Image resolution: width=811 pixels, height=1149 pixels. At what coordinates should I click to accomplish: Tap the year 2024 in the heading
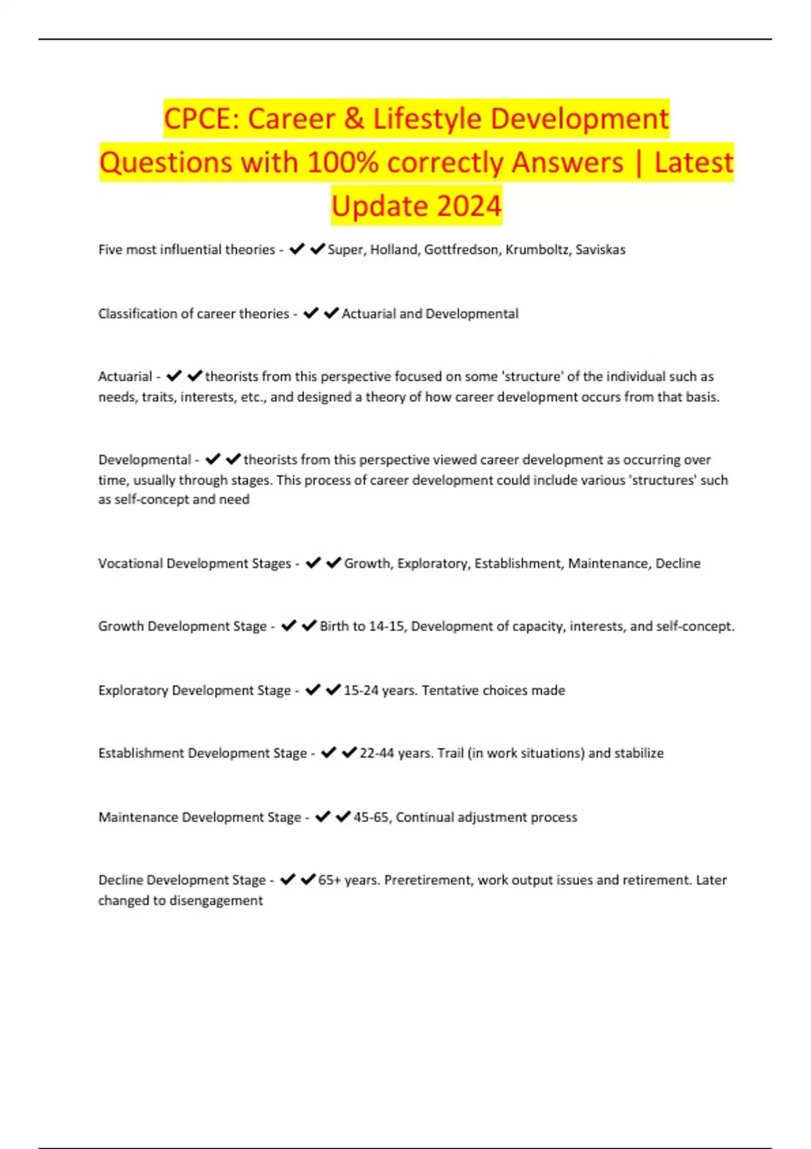pos(468,206)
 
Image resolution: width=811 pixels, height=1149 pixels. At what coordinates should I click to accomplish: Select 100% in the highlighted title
pos(343,163)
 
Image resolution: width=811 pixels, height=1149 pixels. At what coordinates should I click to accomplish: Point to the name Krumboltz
pos(537,249)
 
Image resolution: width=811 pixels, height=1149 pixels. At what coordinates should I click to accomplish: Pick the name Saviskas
pos(600,249)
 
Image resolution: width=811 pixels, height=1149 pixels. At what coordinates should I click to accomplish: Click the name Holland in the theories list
pos(393,249)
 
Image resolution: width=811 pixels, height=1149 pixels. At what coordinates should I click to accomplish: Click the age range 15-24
pos(361,690)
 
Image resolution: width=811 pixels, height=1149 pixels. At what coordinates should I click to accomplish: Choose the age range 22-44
pos(376,753)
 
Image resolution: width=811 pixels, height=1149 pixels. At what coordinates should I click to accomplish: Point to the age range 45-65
pos(371,817)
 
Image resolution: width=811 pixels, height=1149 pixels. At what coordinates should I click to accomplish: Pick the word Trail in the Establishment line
pos(450,753)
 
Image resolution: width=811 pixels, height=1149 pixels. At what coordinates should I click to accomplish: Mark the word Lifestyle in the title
pos(427,120)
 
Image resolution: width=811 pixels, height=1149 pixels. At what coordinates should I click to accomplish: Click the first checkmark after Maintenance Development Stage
pos(323,816)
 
